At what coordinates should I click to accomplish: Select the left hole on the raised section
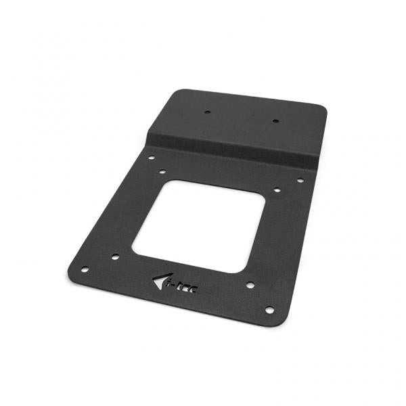click(208, 112)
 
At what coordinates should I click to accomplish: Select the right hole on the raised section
click(275, 123)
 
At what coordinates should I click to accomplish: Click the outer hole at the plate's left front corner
click(85, 269)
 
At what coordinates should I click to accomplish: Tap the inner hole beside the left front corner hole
click(115, 257)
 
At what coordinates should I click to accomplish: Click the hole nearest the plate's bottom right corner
click(269, 310)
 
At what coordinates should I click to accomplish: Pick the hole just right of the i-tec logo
click(249, 286)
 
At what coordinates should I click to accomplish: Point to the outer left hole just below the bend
click(150, 156)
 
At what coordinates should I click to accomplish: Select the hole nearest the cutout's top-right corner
click(276, 191)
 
